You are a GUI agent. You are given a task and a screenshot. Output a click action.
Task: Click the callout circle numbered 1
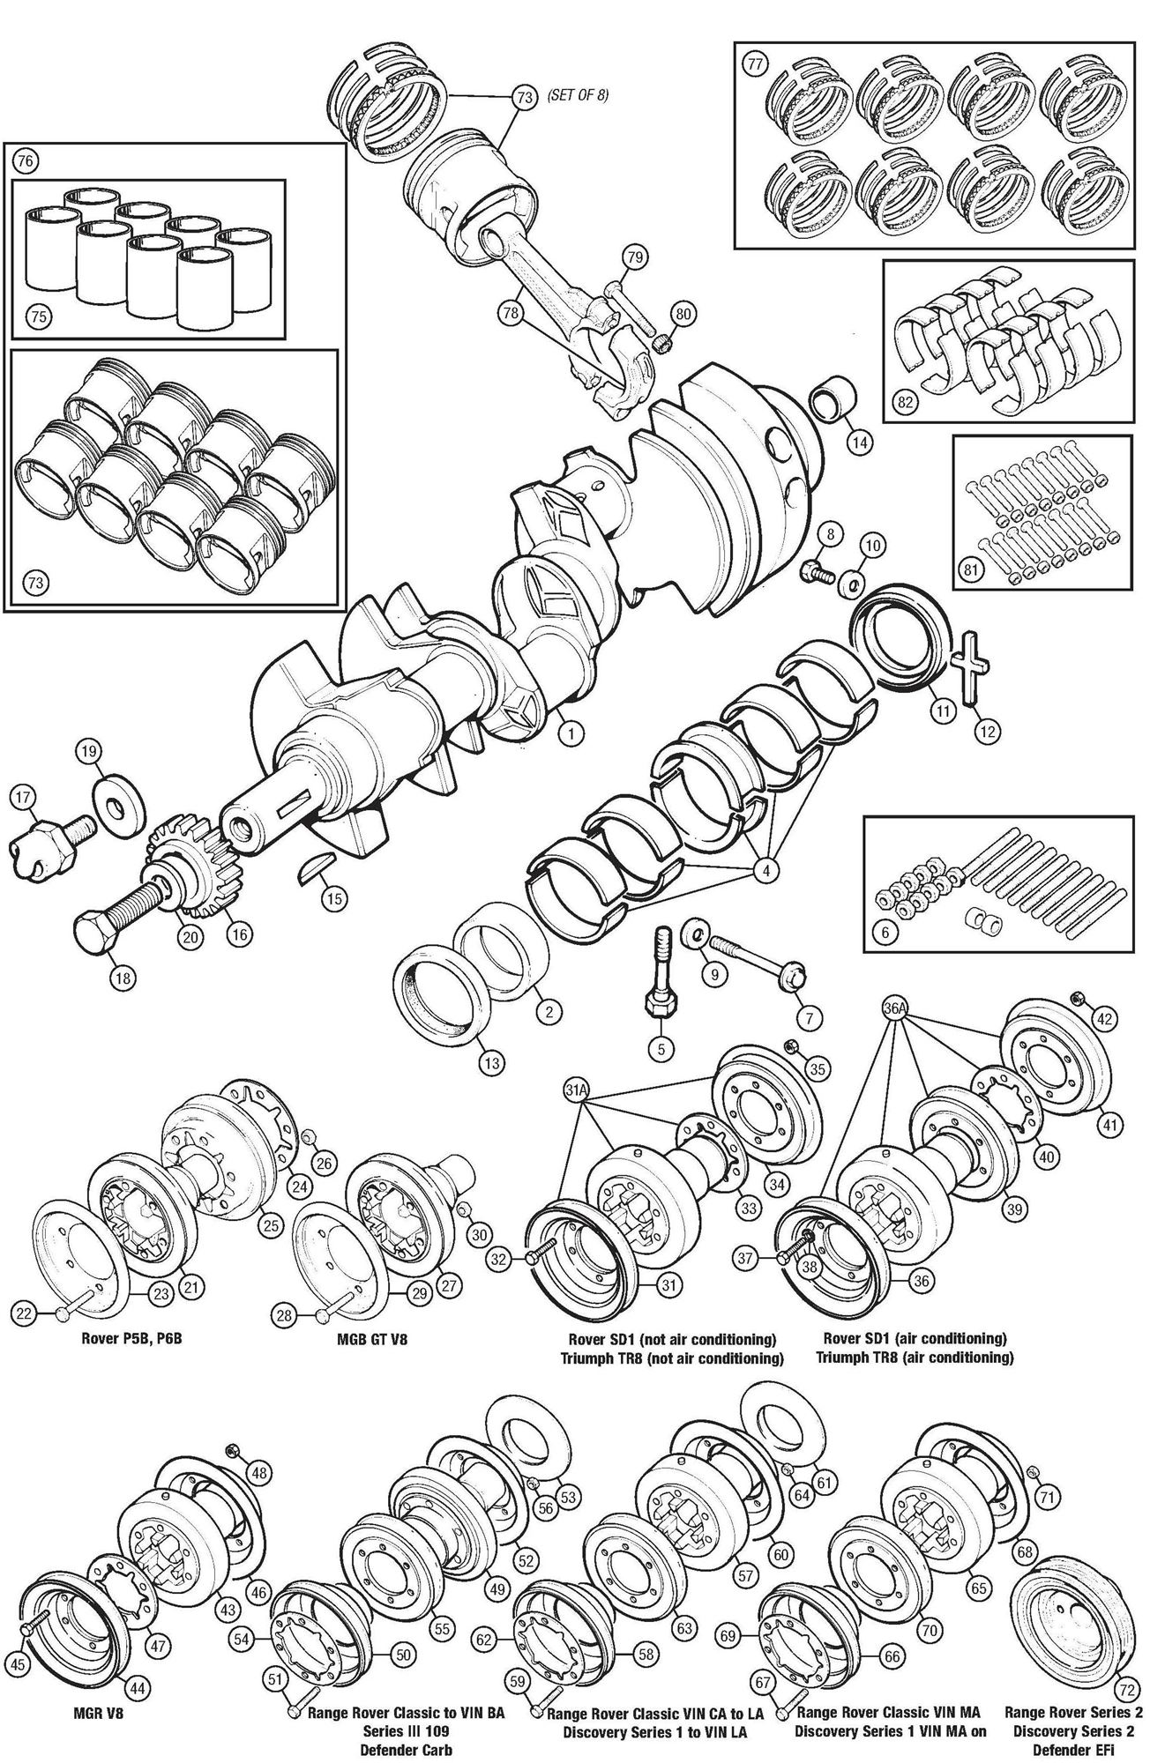click(x=571, y=732)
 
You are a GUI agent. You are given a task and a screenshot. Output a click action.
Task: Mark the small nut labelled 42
click(x=1077, y=998)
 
